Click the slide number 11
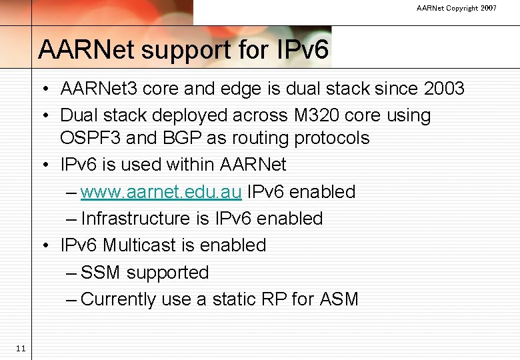[20, 348]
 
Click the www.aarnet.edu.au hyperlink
[161, 192]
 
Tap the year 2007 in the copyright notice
[488, 8]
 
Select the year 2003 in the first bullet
[441, 89]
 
